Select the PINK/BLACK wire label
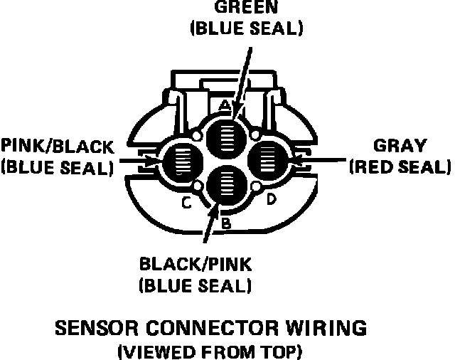[57, 147]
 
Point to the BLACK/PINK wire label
[195, 265]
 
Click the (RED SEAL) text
[400, 167]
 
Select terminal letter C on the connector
[186, 203]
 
